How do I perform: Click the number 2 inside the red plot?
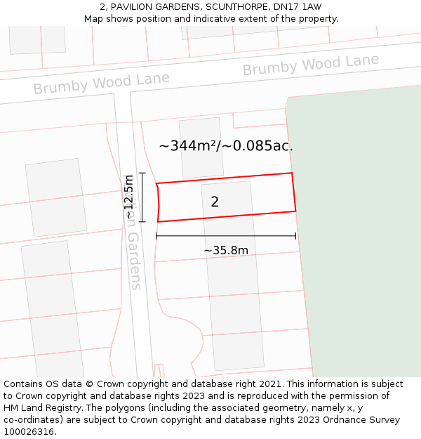215,202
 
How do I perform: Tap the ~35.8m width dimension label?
226,250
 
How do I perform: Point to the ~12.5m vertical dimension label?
128,197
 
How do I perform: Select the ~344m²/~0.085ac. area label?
226,146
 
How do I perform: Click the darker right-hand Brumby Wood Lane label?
311,65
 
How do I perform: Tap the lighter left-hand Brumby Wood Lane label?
102,83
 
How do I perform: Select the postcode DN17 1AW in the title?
298,7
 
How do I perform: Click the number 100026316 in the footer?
29,432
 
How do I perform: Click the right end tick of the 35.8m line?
295,236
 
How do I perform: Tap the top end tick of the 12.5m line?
142,173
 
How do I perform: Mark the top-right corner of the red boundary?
291,173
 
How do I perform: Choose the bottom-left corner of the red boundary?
158,222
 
